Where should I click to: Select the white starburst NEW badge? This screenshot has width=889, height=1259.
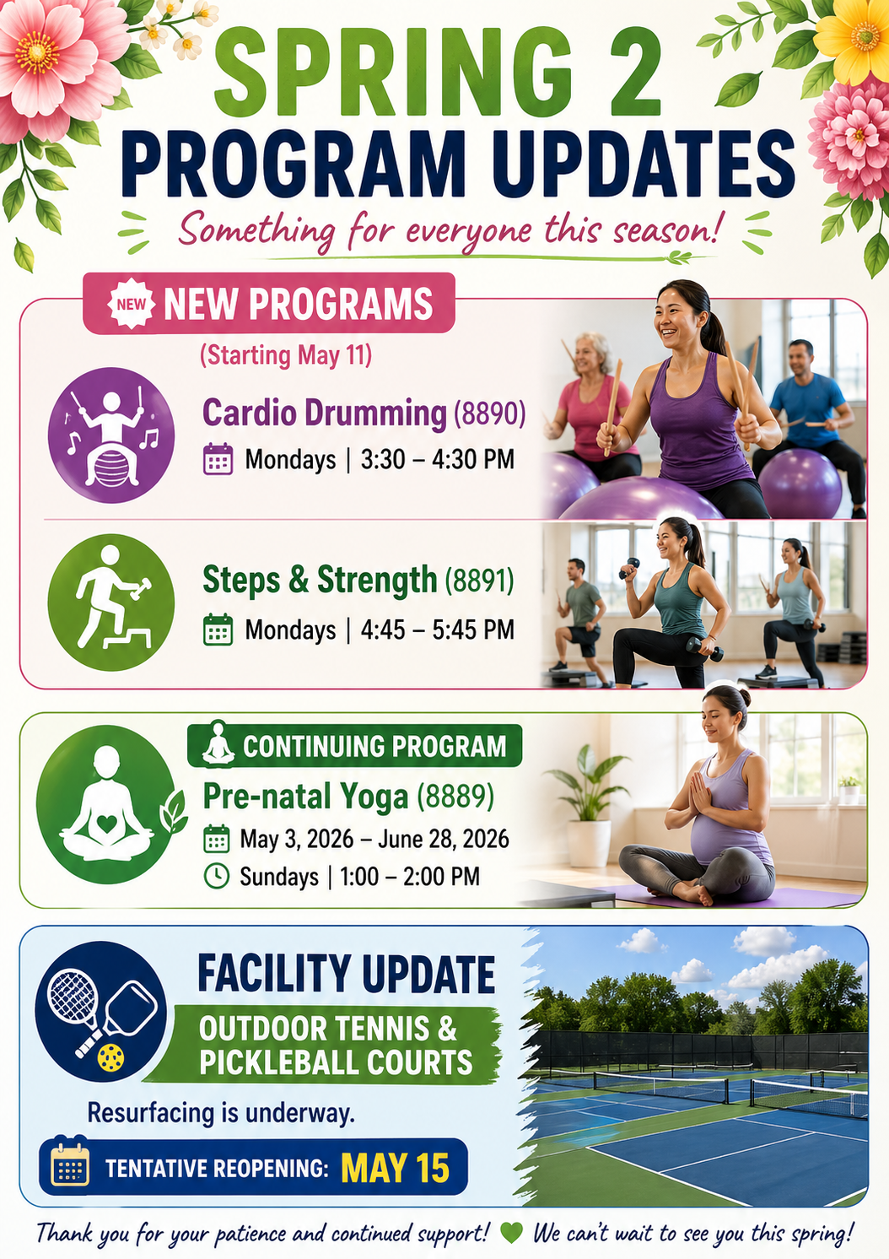tap(131, 304)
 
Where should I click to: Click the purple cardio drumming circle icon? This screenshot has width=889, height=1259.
tap(110, 435)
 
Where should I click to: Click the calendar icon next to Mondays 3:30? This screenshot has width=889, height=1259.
tap(218, 459)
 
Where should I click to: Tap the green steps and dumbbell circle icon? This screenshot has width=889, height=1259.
tap(110, 602)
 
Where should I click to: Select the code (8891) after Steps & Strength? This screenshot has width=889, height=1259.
tap(479, 581)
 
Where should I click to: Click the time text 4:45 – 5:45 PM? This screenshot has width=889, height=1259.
tap(437, 629)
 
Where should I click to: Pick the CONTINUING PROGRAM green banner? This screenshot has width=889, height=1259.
tap(354, 747)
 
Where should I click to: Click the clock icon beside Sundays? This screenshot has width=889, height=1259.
tap(217, 876)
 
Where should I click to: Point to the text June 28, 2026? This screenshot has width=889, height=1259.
tap(444, 840)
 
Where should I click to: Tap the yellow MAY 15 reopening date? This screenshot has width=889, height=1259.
tap(395, 1169)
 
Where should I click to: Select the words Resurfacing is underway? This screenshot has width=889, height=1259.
tap(221, 1112)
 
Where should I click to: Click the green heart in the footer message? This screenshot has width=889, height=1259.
tap(511, 1233)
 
